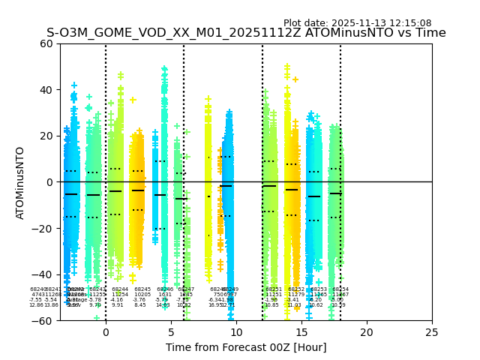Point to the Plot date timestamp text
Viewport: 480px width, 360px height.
[357, 23]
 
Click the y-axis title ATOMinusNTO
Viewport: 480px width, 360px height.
[21, 182]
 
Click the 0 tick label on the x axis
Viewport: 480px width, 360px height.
[106, 331]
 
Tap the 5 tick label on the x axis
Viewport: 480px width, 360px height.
[171, 331]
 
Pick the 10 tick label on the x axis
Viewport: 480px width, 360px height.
[236, 331]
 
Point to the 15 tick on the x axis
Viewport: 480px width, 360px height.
[301, 331]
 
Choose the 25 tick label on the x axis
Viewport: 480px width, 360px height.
[432, 331]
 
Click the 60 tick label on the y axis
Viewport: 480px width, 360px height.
[46, 43]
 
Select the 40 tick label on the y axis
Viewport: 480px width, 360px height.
[46, 90]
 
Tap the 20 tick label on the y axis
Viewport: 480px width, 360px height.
[46, 136]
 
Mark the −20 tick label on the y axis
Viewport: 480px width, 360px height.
[43, 228]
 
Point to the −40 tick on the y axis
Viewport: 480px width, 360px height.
[43, 274]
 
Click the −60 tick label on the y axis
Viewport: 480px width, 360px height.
[43, 321]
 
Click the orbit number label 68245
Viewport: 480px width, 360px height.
[142, 289]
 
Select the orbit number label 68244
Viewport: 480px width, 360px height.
[120, 289]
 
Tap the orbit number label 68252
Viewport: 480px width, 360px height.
[296, 289]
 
